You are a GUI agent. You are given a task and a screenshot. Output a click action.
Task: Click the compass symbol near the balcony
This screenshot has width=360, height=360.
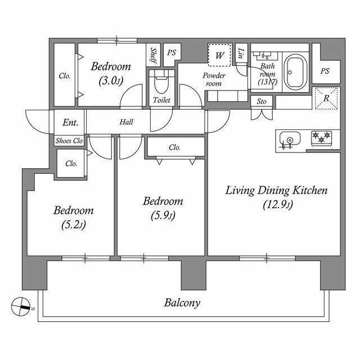tap(21, 307)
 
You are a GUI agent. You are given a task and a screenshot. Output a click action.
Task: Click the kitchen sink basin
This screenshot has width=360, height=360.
tap(290, 139)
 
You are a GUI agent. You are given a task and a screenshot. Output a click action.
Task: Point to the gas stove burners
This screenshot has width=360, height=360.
tap(321, 138)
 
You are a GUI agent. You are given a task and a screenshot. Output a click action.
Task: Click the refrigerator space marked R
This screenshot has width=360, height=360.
tap(326, 98)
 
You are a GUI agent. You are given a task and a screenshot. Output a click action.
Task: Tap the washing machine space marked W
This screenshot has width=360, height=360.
tap(219, 55)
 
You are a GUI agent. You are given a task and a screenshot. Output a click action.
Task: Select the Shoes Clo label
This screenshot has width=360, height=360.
tap(69, 141)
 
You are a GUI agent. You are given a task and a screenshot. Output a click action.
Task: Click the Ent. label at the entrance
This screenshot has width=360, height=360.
tap(70, 123)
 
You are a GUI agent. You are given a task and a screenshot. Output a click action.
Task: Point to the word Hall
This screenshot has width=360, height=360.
tap(126, 122)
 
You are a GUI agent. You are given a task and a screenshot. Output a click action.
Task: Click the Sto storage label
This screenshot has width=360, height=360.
tap(262, 101)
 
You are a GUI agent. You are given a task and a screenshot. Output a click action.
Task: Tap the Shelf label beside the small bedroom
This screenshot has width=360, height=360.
tap(153, 55)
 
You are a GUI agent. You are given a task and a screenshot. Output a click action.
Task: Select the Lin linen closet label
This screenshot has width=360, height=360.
tap(241, 53)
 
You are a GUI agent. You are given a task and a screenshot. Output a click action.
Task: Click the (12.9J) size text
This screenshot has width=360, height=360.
tap(278, 205)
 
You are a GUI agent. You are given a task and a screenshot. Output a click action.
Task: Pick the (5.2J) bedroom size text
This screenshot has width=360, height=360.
tap(74, 225)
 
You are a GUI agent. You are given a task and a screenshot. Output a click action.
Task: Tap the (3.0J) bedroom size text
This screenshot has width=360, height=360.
tap(111, 80)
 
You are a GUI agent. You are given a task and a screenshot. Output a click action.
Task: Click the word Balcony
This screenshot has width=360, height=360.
tap(182, 303)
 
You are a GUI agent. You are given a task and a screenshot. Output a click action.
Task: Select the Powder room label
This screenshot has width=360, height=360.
tap(214, 79)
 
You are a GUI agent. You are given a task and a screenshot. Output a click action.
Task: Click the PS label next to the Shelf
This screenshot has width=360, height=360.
tap(172, 52)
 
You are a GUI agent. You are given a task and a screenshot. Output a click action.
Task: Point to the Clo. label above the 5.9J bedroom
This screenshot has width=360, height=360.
tap(175, 147)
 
